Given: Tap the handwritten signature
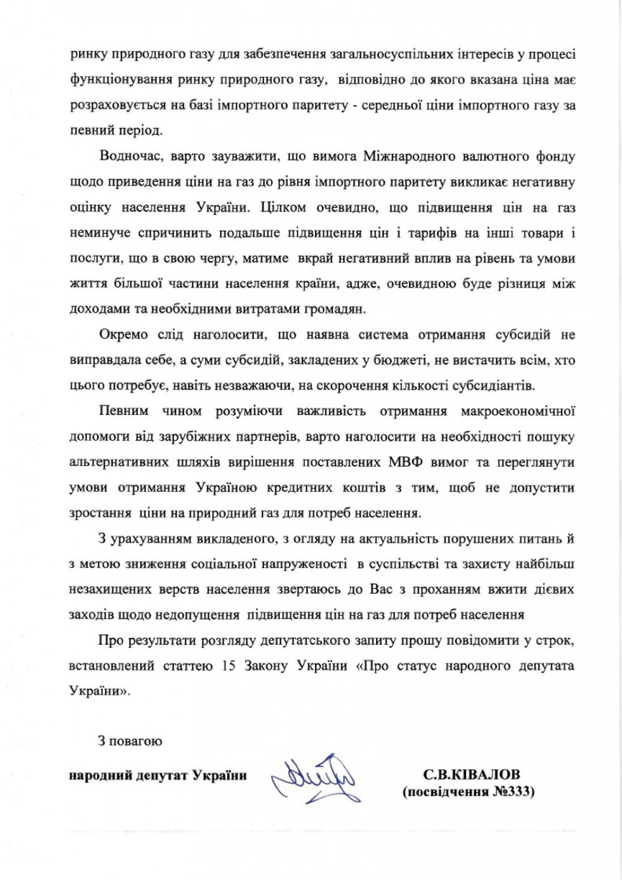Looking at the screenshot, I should click(x=315, y=777).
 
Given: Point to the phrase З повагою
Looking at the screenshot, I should click(x=130, y=740).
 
